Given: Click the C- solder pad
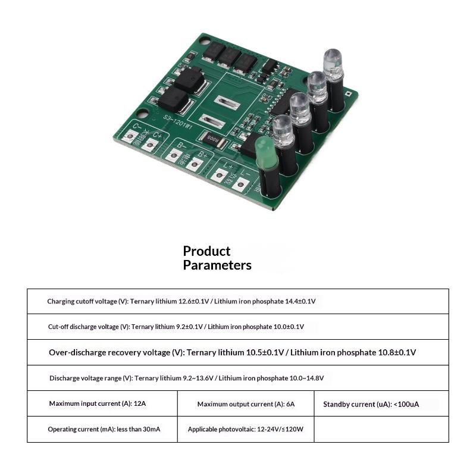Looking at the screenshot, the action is coord(130,136).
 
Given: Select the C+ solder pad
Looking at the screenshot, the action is coord(150,145).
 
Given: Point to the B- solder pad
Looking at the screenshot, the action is coord(173,155).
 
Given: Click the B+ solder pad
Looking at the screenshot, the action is coord(194,165).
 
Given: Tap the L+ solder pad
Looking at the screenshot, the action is coord(219,176).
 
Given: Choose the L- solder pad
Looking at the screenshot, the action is coord(240,185).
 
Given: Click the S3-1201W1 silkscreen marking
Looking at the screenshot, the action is coord(177,122).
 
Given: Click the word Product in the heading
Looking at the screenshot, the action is coord(206,251).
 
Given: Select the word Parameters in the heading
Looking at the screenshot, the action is coord(217,265).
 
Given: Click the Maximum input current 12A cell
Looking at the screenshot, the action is coord(102,403).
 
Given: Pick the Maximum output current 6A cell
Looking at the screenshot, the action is coord(246,403).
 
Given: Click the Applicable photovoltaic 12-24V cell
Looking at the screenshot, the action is coord(246,429).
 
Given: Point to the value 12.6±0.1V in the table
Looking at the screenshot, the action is coord(194,302).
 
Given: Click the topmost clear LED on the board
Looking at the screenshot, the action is coord(333,64).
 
